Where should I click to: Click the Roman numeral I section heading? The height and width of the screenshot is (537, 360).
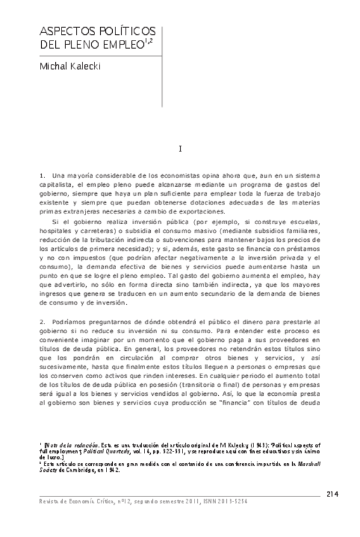181,149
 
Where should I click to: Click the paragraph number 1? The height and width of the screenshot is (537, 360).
41,174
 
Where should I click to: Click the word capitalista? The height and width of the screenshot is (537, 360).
58,184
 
